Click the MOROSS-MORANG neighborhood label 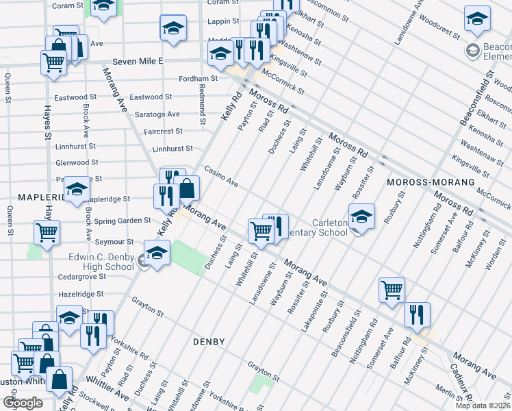431,182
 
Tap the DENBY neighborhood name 209,341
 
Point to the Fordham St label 198,79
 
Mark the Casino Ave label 221,177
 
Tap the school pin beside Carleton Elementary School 361,218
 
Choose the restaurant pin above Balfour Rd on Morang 417,315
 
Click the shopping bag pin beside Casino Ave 186,187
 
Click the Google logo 23,403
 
